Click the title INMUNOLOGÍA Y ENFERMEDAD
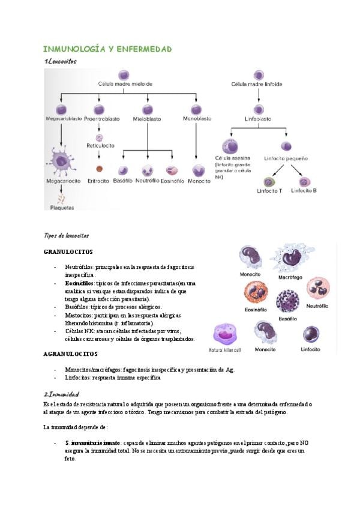tap(108, 49)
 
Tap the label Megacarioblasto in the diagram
tap(63, 119)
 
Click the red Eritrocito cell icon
tap(100, 169)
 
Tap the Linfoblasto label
tap(259, 120)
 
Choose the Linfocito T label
tap(269, 191)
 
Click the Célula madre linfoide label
tap(257, 85)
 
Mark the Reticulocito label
tap(100, 145)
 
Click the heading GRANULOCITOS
tap(68, 251)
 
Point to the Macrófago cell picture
tap(292, 259)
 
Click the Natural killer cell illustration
tap(226, 334)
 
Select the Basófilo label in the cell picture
tap(287, 319)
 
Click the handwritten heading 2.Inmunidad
tap(62, 394)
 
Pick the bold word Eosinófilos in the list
tap(79, 282)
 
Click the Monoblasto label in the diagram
tap(197, 119)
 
